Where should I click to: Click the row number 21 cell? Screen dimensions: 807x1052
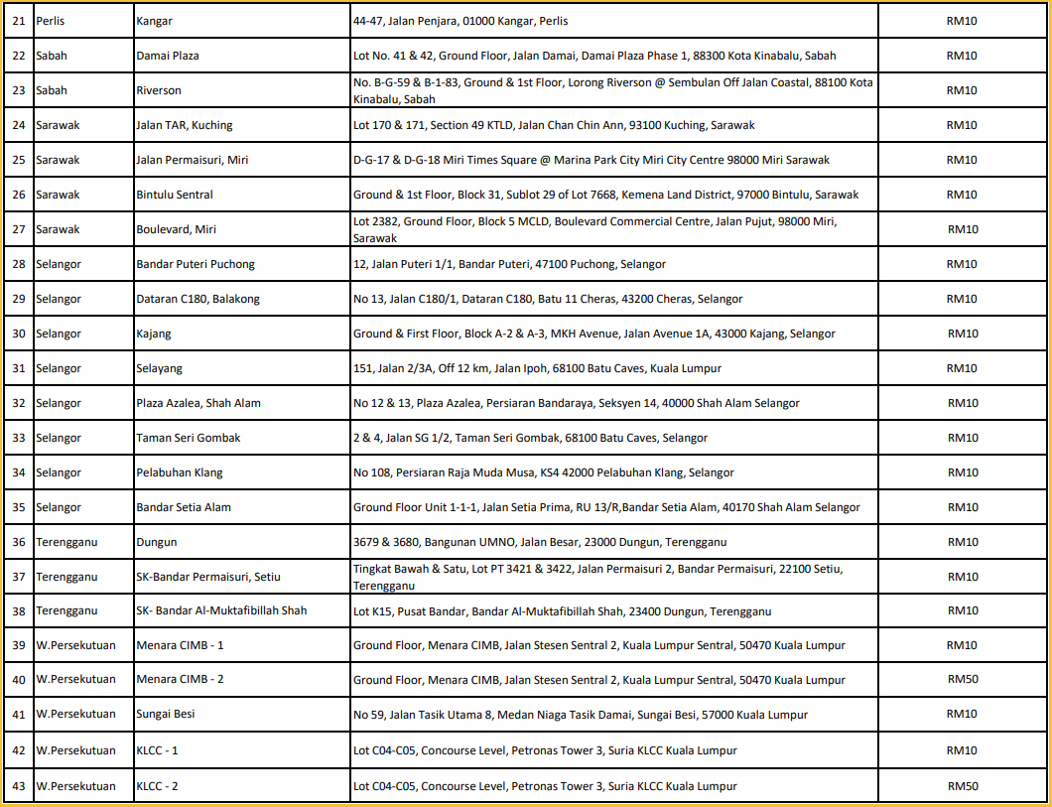18,21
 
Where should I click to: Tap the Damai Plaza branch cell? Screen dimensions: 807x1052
167,56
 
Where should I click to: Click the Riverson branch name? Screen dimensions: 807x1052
159,90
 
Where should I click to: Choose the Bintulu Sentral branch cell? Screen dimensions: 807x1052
174,195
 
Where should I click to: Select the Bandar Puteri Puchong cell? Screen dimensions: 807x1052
195,264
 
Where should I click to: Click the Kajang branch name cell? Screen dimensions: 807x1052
153,334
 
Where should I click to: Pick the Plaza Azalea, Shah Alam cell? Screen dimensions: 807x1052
198,403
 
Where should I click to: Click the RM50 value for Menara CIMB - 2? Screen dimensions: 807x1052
963,680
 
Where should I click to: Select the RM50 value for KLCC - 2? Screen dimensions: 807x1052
963,786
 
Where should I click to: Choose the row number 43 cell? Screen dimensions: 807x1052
18,786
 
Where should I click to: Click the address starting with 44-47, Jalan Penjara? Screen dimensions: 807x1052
460,21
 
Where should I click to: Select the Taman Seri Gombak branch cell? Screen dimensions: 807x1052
188,438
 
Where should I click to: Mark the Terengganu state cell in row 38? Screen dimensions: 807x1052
66,610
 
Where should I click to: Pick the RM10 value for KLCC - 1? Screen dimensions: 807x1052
963,750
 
